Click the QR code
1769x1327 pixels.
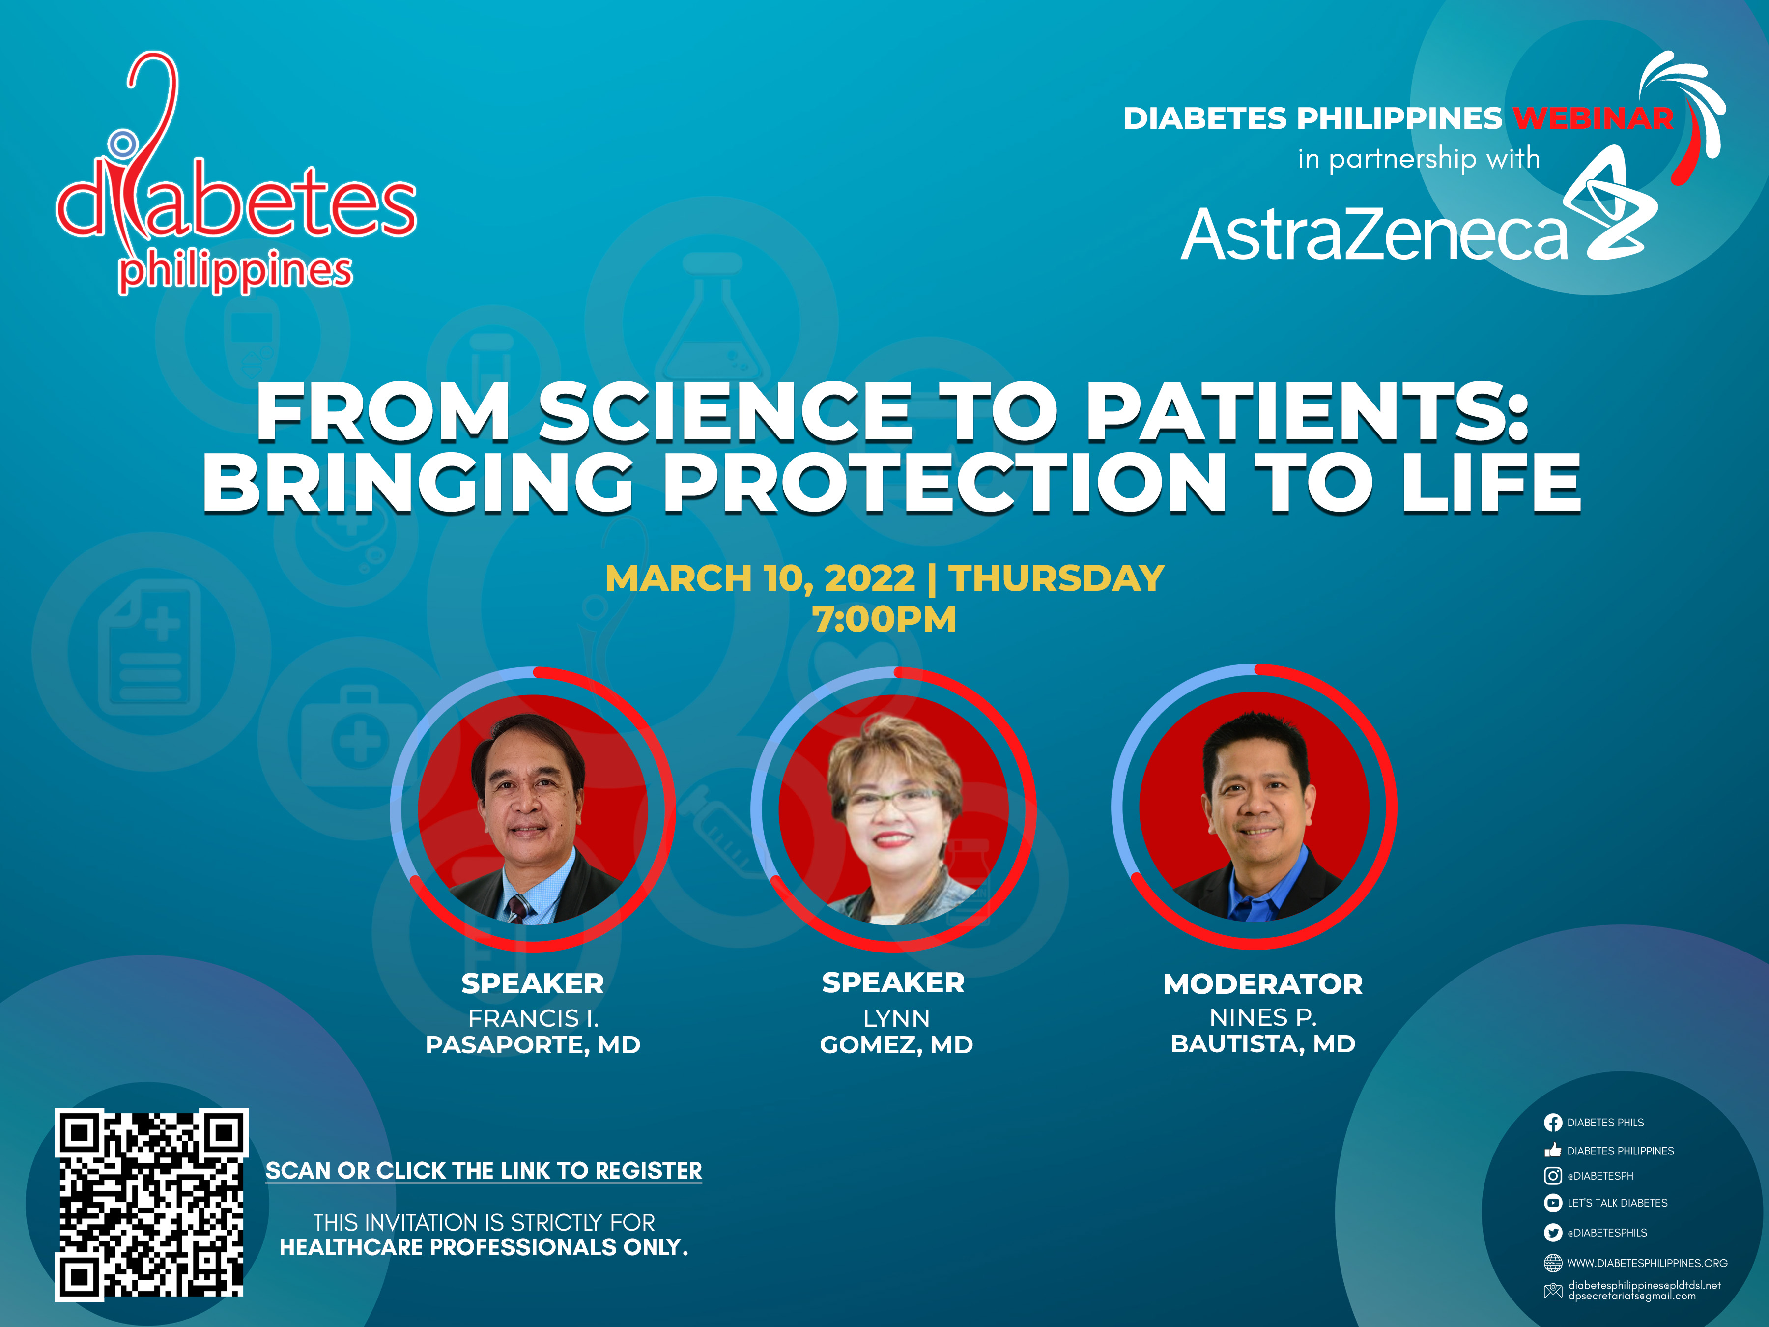151,1205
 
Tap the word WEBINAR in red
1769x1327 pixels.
1593,118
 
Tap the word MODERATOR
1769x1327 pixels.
1263,984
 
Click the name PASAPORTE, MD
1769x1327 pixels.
533,1044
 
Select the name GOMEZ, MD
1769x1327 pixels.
896,1044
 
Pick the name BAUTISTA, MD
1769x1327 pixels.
1263,1044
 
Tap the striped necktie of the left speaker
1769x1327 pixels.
518,909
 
